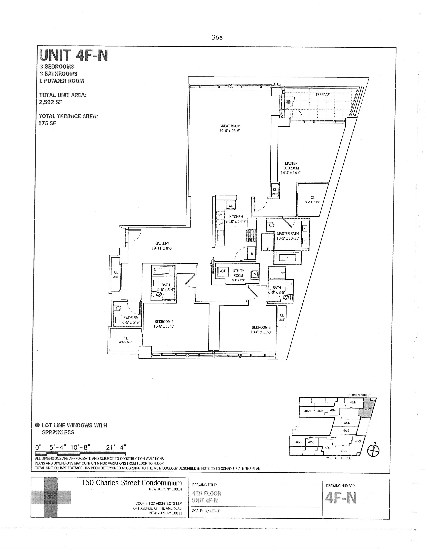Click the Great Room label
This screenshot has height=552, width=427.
coord(230,126)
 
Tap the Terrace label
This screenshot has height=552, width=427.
coord(322,95)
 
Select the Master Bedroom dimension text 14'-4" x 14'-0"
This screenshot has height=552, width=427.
coord(291,173)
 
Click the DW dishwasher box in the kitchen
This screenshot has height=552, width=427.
coord(220,224)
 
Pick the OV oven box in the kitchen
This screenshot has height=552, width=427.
coord(220,215)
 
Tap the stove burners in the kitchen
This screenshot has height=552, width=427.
coord(252,235)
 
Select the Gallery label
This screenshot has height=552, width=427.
coord(162,243)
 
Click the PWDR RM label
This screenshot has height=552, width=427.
coord(131,318)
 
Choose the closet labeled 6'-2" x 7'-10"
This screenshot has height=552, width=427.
coord(312,200)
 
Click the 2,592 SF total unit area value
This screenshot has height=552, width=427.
coord(51,102)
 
